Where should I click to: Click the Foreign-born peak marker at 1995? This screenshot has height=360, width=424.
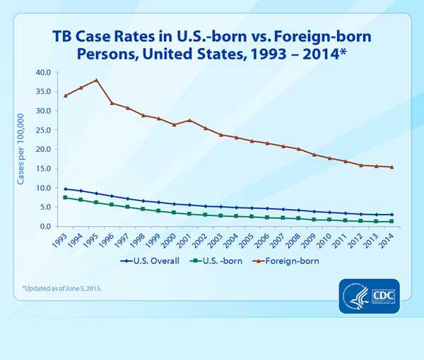[96, 80]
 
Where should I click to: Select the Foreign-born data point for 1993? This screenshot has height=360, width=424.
[66, 95]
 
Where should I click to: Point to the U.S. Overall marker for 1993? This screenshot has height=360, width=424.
[66, 189]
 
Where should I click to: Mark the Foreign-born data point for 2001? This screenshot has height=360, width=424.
[189, 121]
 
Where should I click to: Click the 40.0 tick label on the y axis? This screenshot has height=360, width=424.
[42, 72]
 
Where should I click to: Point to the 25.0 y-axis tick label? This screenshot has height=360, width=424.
[42, 130]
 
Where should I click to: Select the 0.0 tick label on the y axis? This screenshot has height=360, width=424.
[44, 227]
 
